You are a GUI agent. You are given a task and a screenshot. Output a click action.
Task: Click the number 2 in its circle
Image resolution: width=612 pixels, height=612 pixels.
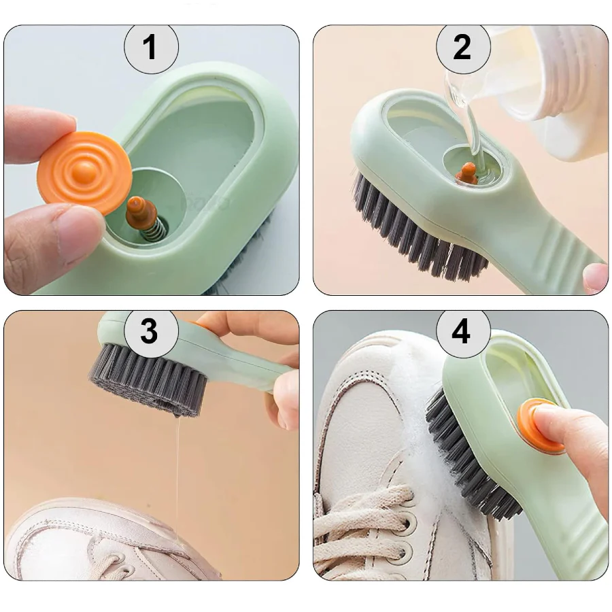[462, 47]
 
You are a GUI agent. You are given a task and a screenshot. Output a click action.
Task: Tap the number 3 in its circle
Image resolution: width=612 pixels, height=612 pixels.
[150, 331]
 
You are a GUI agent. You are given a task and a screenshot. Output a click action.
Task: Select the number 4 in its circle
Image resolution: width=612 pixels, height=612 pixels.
[461, 331]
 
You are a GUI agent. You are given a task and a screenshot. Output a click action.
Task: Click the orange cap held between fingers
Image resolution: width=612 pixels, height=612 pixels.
[85, 173]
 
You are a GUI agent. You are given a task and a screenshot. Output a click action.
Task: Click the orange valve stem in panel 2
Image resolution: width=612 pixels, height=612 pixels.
[466, 172]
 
